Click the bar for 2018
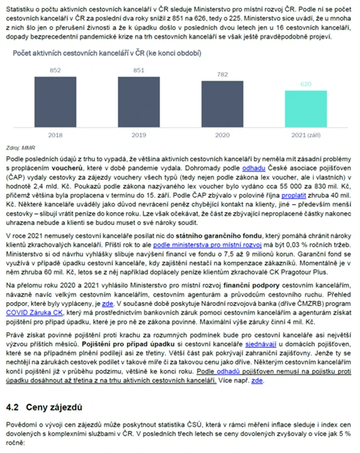pos(55,101)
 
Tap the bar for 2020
pos(223,104)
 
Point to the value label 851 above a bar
pos(138,70)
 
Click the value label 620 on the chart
pos(305,84)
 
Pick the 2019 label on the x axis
pos(138,135)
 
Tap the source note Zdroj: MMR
pos(20,148)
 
